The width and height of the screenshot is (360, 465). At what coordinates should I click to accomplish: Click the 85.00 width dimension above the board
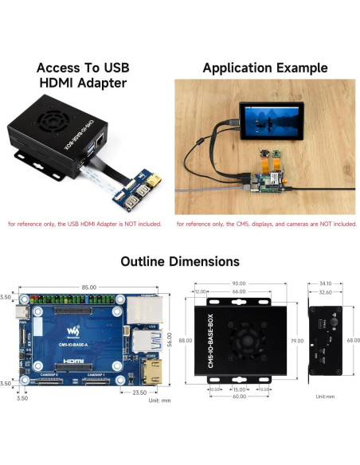(88, 287)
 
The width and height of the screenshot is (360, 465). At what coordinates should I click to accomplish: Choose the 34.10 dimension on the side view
(325, 283)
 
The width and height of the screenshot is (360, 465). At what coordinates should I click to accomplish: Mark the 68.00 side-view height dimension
(354, 340)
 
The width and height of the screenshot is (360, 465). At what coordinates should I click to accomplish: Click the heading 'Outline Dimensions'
(180, 261)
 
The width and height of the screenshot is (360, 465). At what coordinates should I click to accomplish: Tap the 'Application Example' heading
(265, 68)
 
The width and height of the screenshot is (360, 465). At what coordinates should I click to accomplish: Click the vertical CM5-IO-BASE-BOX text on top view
(203, 341)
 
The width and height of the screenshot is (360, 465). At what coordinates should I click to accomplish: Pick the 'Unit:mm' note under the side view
(324, 396)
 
